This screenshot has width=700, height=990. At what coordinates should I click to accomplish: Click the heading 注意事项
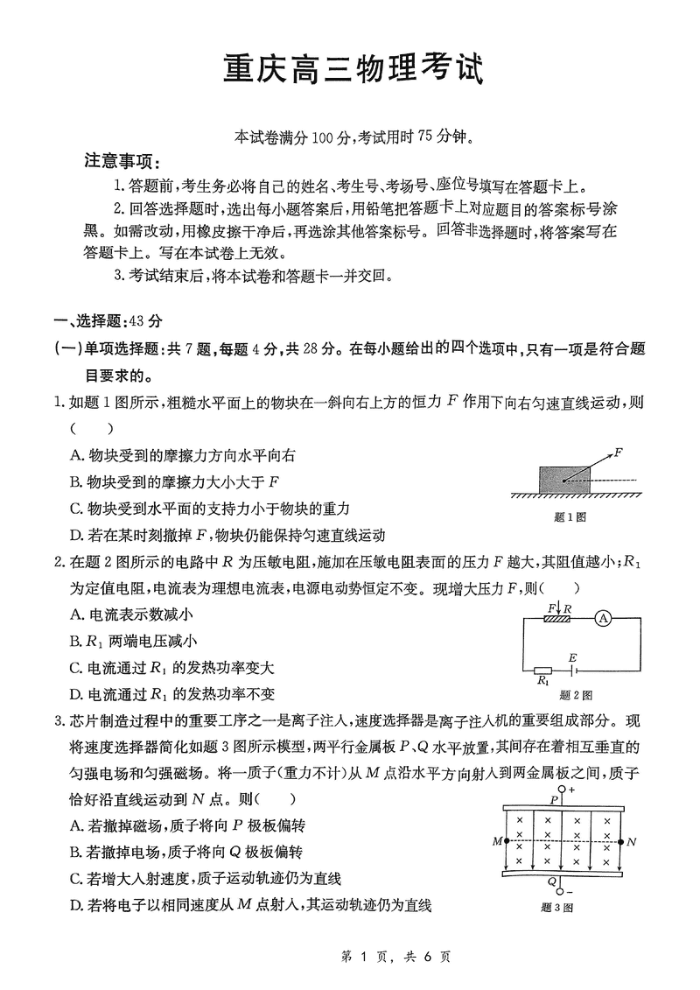click(118, 163)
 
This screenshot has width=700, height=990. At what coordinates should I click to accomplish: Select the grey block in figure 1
click(564, 480)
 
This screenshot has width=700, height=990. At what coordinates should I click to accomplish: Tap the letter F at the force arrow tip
click(618, 453)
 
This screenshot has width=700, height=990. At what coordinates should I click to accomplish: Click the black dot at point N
click(620, 841)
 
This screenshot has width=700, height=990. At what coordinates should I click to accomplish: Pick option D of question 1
click(226, 535)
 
